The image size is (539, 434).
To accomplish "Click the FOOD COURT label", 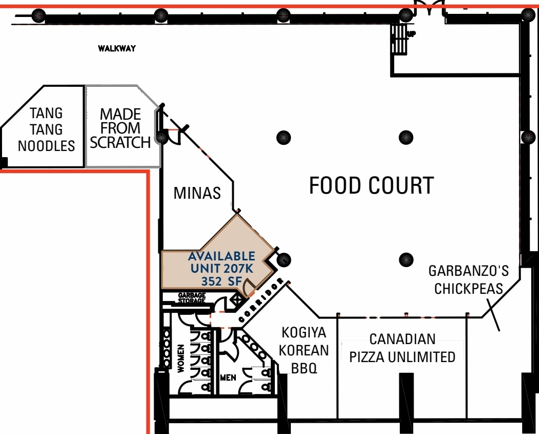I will (371, 185).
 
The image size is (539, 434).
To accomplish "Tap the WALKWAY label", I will (117, 49).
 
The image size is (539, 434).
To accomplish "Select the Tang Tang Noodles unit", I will (46, 129).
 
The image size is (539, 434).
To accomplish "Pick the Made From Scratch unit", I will (121, 128).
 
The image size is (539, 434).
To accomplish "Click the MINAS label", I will (197, 193).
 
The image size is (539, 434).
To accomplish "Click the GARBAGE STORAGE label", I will (192, 298).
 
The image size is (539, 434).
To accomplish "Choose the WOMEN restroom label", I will (181, 358).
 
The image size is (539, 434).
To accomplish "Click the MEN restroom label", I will (228, 378).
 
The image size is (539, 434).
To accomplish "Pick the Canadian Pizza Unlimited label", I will (402, 348).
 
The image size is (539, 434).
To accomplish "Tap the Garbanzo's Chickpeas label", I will (468, 279).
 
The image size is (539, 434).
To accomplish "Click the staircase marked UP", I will (399, 39).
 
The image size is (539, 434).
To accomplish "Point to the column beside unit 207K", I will (284, 260).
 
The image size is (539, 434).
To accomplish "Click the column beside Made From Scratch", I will (162, 137).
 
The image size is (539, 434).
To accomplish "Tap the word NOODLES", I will (46, 146).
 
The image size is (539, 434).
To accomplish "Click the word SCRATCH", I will (121, 142).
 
